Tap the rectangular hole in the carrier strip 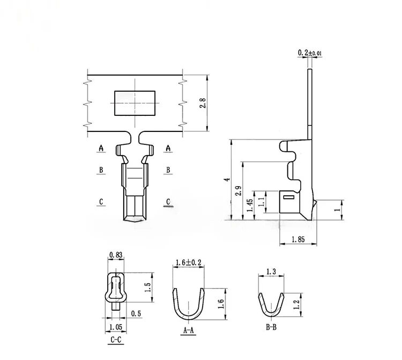[134, 103]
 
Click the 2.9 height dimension [238, 192]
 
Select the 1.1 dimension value [262, 202]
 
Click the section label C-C [115, 339]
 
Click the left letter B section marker [100, 170]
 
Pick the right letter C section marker [168, 202]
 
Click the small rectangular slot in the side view [289, 199]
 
